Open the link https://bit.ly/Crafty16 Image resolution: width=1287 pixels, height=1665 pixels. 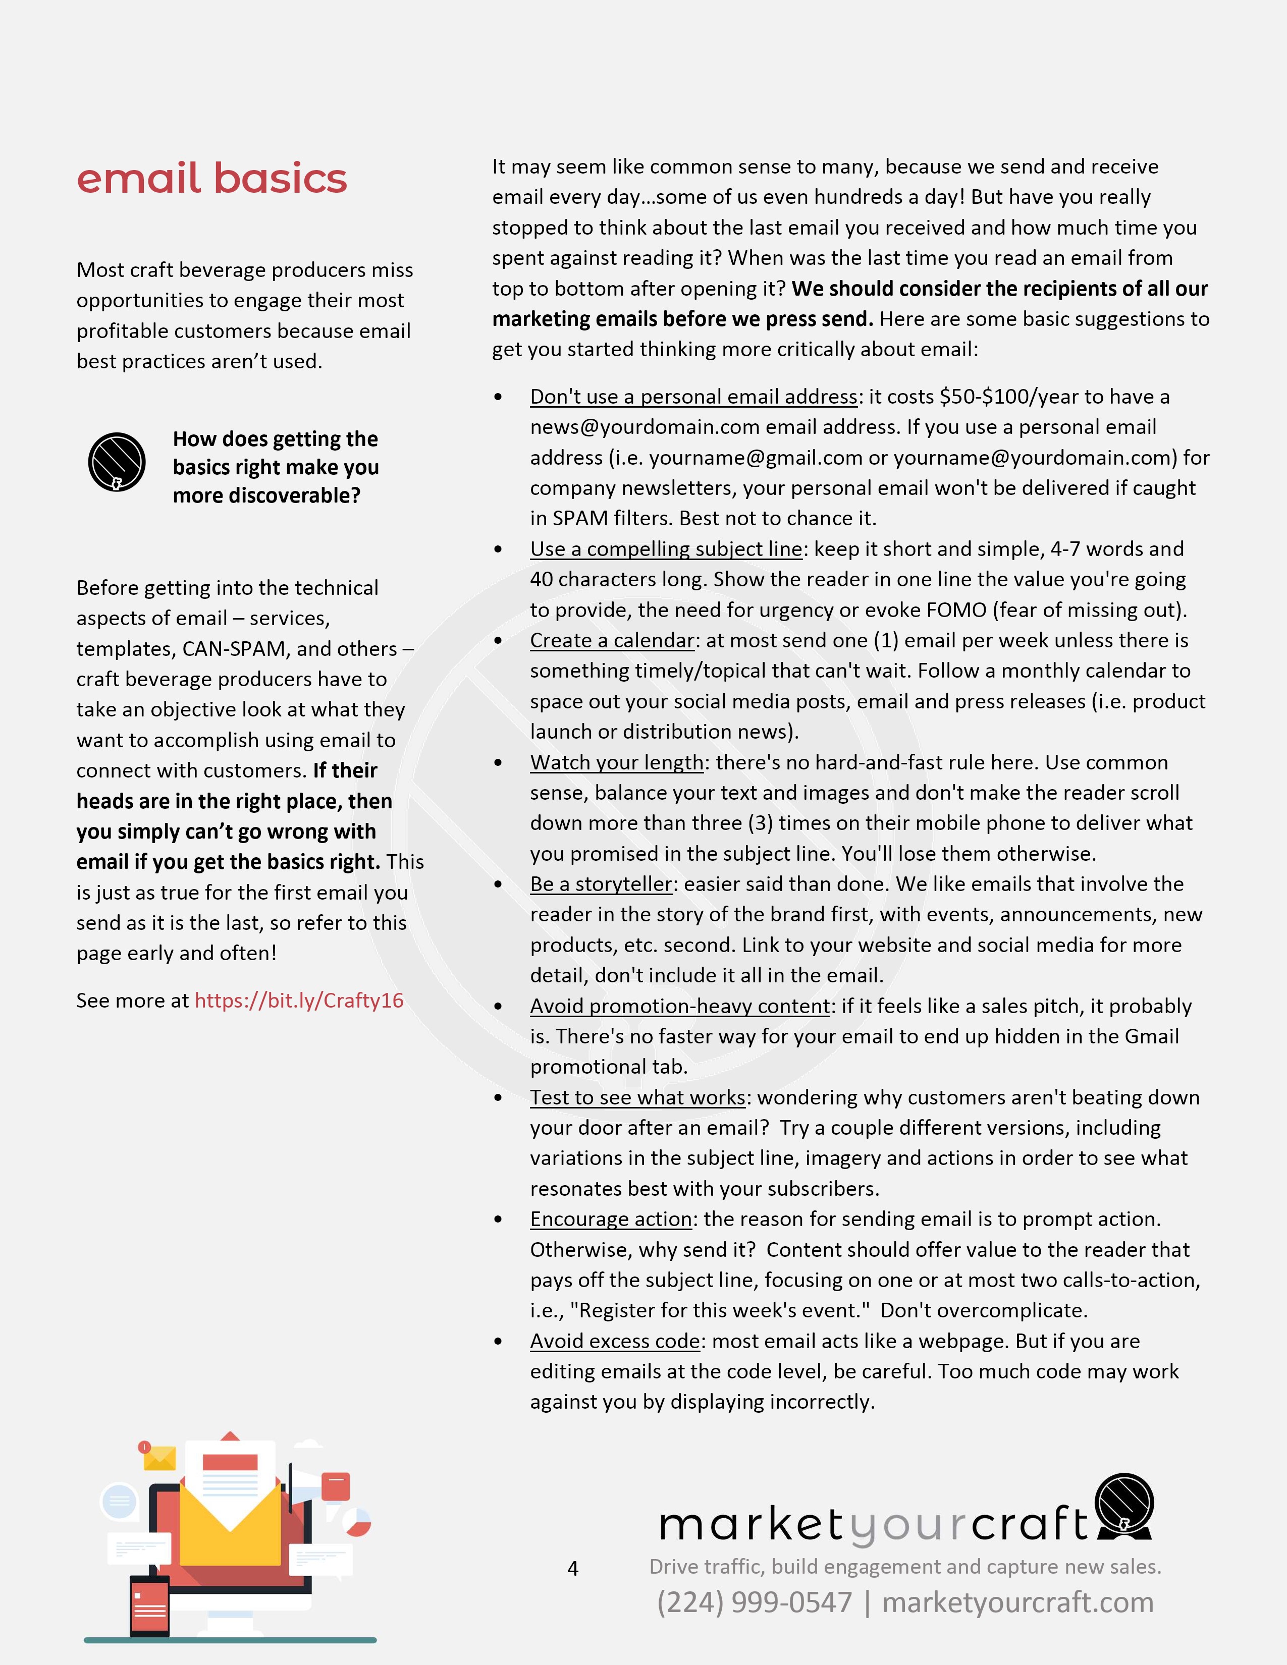pos(298,1000)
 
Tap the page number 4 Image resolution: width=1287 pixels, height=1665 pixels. pos(573,1568)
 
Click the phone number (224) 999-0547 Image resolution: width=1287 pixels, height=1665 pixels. pos(754,1602)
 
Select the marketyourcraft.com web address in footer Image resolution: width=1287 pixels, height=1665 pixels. pos(1017,1602)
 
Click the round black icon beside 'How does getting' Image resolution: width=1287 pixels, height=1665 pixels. pos(117,462)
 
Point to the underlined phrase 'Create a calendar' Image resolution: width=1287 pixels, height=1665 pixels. pos(612,640)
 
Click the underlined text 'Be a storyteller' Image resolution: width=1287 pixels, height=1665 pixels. pos(601,884)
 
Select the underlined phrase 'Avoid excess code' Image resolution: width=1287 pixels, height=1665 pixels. pos(615,1341)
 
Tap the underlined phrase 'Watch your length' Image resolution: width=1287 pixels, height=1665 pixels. pos(617,762)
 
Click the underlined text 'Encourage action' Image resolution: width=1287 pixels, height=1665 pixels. pos(611,1219)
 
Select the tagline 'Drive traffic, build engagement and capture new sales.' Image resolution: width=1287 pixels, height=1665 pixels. pos(904,1567)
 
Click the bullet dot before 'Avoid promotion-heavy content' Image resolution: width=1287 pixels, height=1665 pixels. pos(498,1007)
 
